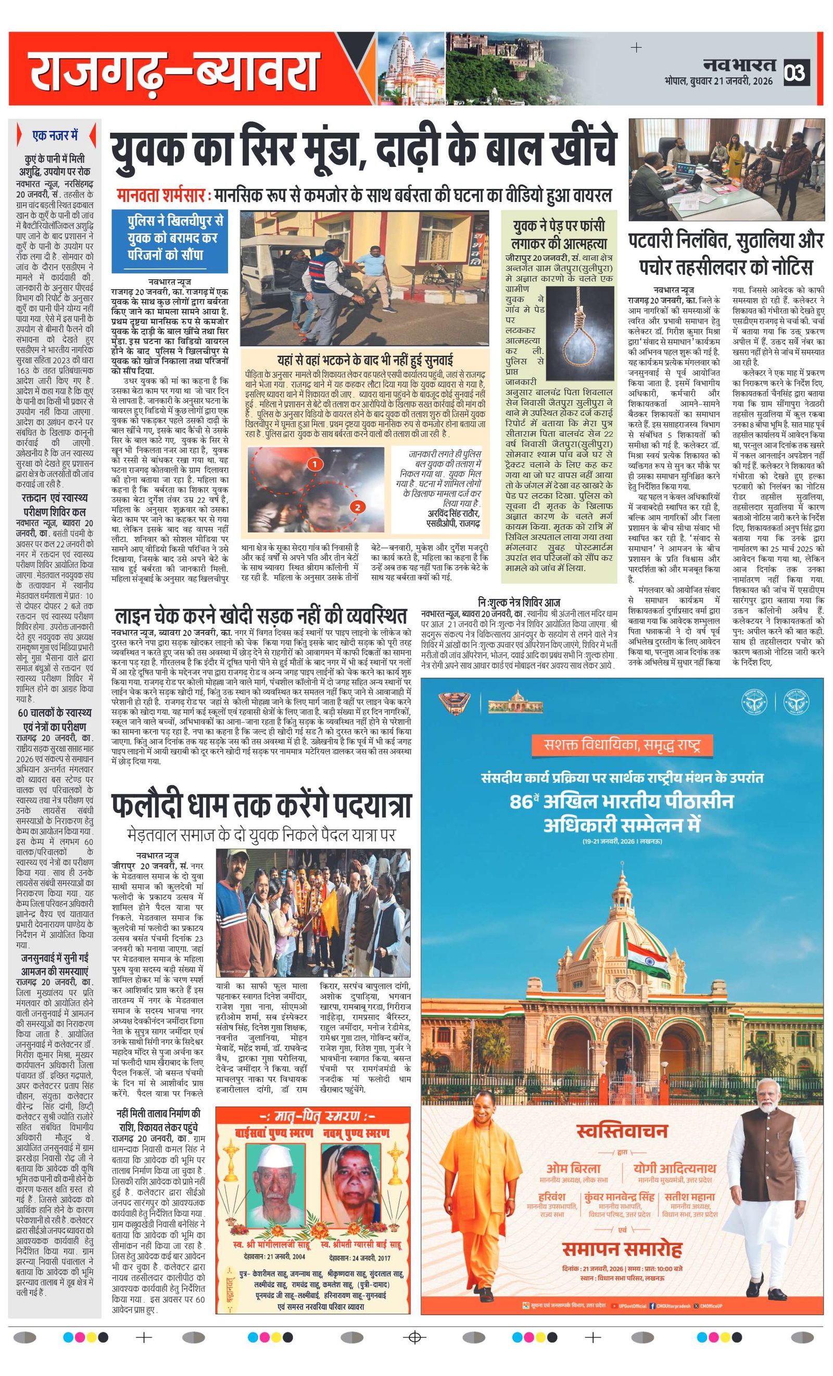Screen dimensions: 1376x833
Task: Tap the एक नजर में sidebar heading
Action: [55, 136]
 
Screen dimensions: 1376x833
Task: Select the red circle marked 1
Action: [314, 464]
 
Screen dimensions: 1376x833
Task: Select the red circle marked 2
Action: [357, 507]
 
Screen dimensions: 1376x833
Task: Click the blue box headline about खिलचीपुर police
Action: [169, 238]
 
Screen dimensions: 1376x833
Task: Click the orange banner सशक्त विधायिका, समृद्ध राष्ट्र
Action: [622, 744]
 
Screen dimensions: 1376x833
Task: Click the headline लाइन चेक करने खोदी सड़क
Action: [260, 616]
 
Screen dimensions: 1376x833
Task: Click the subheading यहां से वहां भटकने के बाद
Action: [365, 360]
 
